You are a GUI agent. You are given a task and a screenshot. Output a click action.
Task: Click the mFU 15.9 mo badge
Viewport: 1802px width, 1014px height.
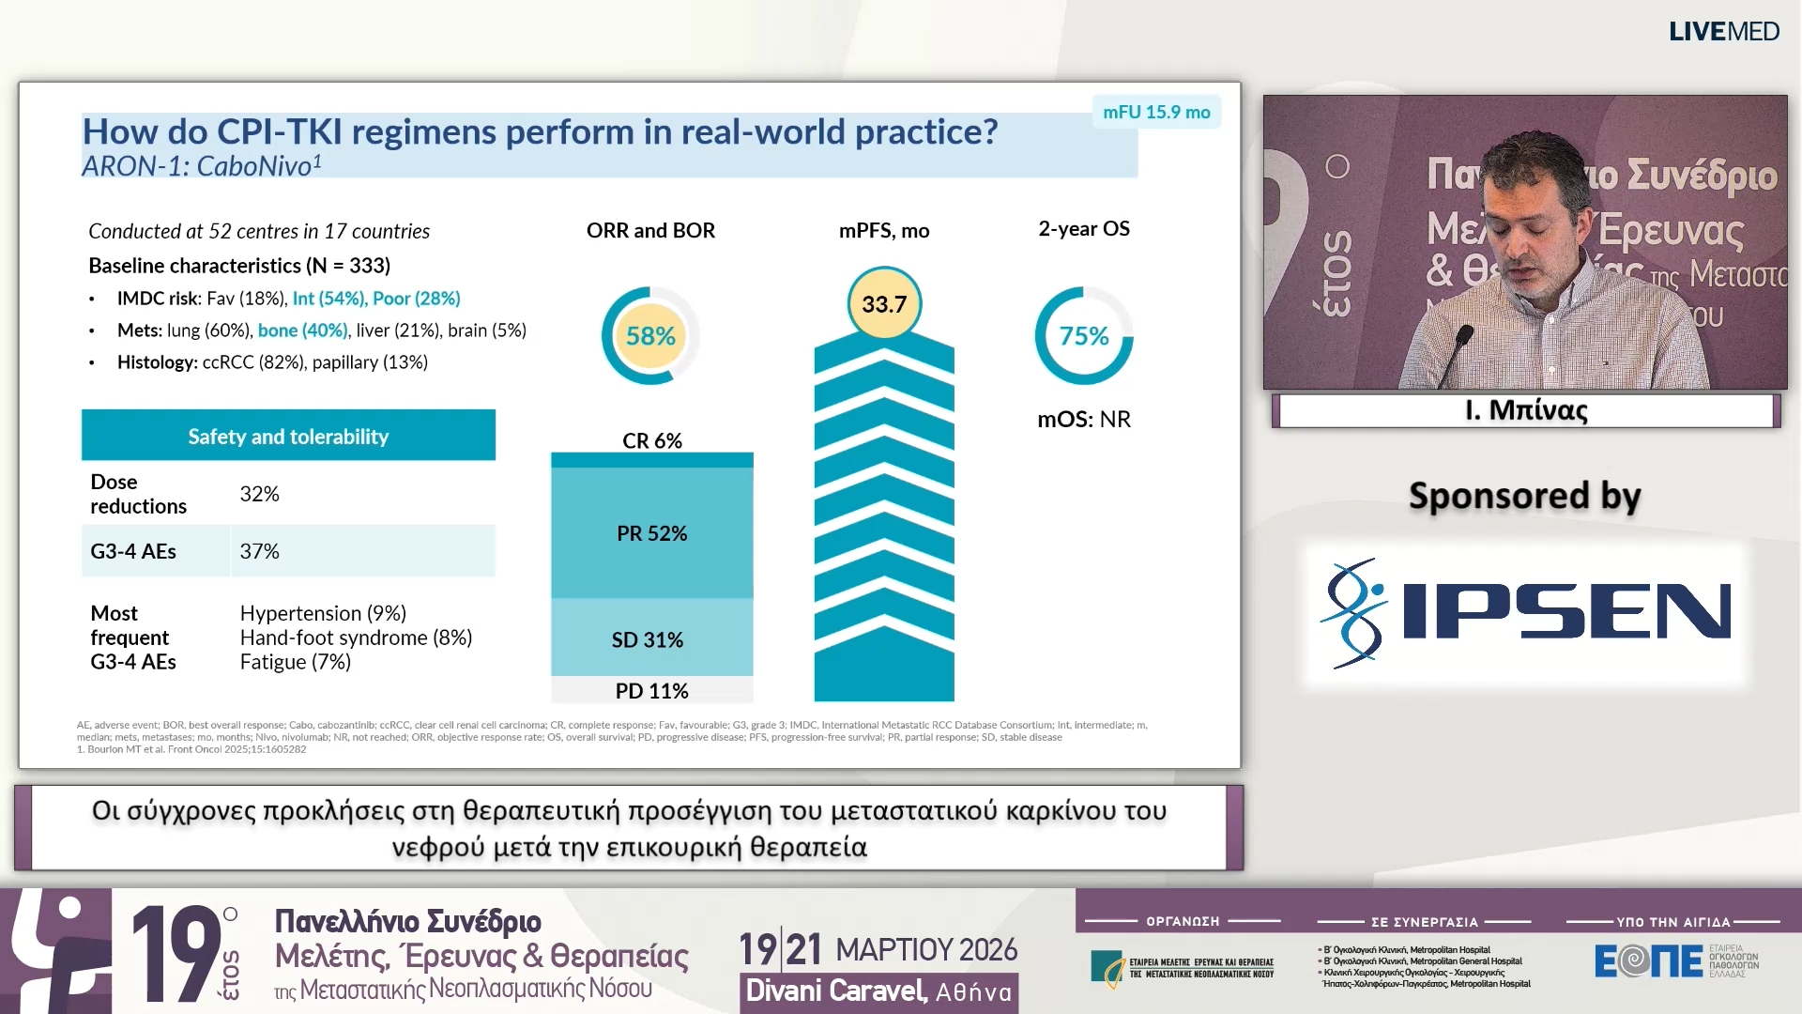coord(1156,112)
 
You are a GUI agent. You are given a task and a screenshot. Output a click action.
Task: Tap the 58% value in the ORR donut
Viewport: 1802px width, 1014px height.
coord(650,336)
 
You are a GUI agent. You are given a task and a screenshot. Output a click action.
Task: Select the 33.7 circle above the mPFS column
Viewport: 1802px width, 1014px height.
coord(884,304)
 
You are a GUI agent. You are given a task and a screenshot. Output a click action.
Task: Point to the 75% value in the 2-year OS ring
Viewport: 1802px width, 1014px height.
coord(1084,336)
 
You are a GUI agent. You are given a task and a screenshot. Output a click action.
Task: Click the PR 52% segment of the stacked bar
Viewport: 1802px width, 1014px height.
coord(651,533)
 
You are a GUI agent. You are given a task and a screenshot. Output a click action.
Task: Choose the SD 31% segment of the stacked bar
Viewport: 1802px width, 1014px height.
coord(648,639)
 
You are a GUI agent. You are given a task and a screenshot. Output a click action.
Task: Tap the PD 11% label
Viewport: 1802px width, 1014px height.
coord(651,691)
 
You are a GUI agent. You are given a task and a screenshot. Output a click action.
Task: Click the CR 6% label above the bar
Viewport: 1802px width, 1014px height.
coord(652,440)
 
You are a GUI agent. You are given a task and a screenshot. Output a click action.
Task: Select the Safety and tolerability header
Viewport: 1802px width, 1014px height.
coord(288,436)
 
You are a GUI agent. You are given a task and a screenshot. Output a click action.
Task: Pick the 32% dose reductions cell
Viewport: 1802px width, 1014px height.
coord(260,494)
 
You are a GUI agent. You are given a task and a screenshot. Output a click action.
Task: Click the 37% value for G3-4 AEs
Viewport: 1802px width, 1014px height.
coord(260,551)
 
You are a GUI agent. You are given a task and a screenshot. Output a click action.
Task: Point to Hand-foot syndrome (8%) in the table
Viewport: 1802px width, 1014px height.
coord(356,638)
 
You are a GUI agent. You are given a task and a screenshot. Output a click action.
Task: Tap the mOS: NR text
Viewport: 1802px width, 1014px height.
coord(1084,419)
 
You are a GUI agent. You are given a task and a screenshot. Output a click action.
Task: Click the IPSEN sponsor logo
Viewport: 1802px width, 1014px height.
coord(1526,612)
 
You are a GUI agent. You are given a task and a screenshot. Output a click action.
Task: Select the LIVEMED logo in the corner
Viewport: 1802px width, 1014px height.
coord(1723,31)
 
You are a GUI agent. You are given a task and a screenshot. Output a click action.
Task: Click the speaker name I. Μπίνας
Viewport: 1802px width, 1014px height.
coord(1526,410)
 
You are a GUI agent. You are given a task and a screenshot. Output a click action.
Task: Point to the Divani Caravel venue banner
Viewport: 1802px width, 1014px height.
coord(878,991)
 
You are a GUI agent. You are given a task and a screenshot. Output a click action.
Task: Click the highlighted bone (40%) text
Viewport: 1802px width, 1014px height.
coord(302,330)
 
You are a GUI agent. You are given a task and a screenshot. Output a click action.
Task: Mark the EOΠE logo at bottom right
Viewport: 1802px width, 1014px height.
coord(1648,960)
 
